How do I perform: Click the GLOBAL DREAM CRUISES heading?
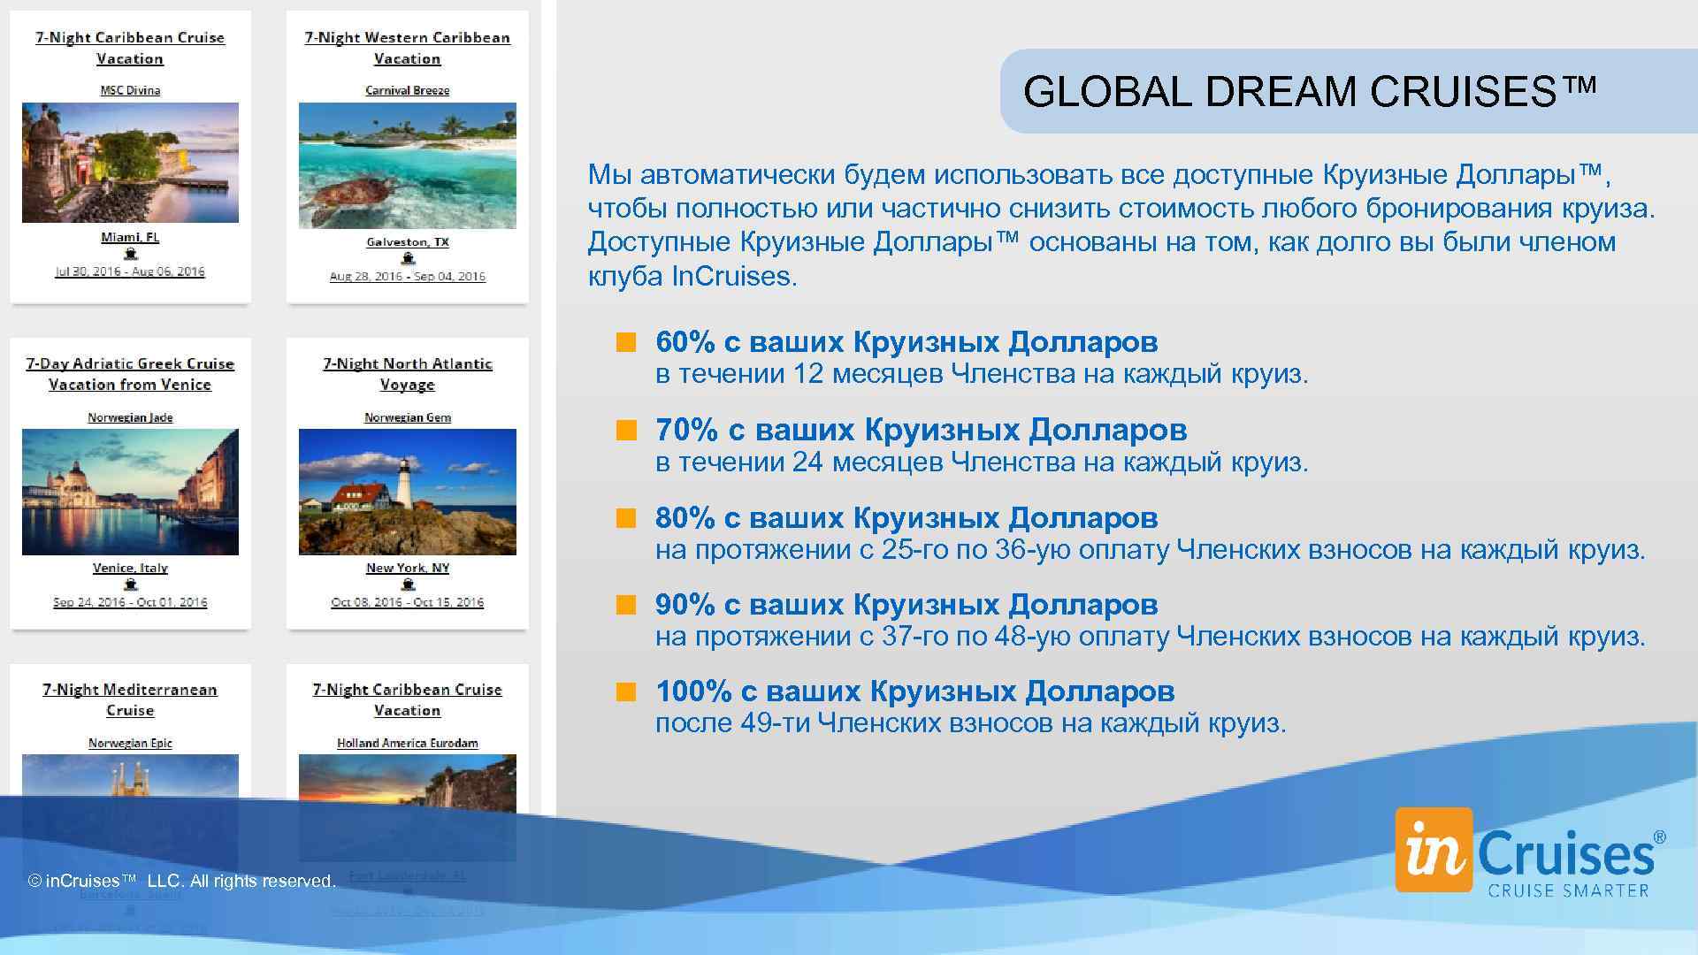tap(1310, 91)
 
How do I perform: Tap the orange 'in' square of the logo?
tap(1433, 850)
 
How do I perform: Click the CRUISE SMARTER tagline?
tap(1568, 890)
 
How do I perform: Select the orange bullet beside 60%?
tap(626, 343)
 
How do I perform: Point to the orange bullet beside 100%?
tap(626, 692)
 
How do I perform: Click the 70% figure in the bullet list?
tap(686, 431)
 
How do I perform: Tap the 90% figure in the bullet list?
tap(685, 605)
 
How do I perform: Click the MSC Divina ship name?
tap(130, 90)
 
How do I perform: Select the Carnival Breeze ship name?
tap(407, 90)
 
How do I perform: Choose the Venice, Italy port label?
tap(130, 568)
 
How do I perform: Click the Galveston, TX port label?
tap(408, 241)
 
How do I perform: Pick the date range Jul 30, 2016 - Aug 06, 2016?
tap(130, 271)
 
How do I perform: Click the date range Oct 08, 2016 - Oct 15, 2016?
tap(407, 602)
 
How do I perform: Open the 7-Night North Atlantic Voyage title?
tap(407, 374)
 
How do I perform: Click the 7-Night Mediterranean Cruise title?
tap(130, 699)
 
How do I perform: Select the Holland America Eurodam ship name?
tap(407, 743)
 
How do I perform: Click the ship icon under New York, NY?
tap(408, 584)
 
